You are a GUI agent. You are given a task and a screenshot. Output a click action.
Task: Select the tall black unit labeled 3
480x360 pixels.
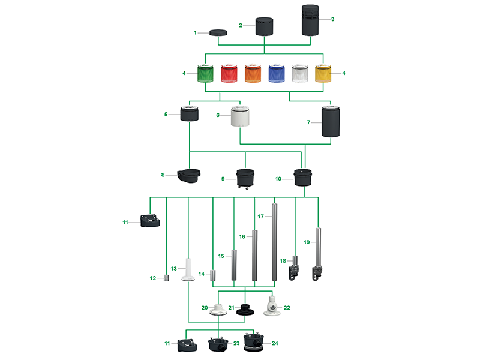pos(310,21)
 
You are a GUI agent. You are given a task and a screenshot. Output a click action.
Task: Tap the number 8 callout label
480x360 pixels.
pos(163,175)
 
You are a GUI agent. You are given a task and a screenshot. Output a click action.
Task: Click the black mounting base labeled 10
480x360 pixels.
pos(303,177)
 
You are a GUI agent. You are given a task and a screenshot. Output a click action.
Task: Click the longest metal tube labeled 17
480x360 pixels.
pos(275,242)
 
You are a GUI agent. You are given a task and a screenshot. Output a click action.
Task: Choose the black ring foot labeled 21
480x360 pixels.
pos(245,310)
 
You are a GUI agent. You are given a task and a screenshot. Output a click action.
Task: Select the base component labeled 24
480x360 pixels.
pos(255,343)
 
